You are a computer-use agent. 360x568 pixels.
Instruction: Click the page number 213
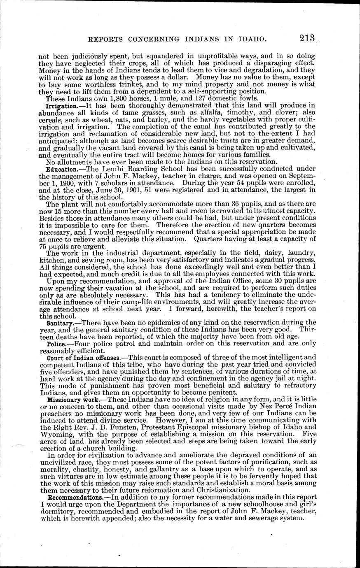[308, 38]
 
